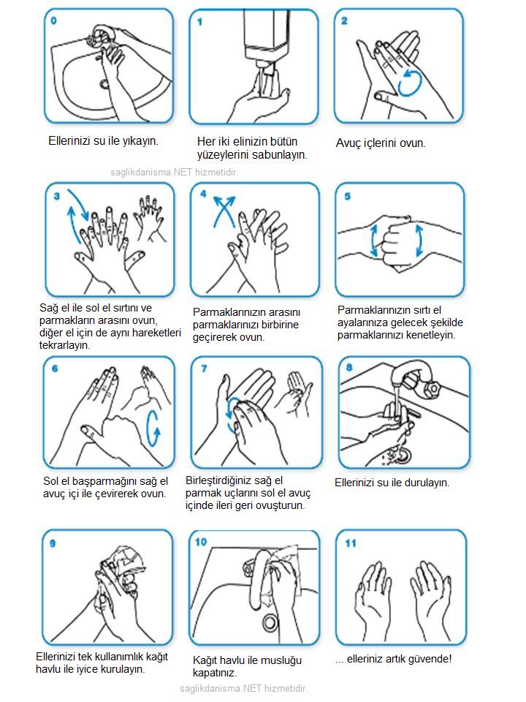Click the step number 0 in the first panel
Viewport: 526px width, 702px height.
click(53, 20)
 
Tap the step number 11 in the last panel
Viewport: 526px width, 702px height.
click(351, 543)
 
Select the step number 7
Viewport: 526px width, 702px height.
click(205, 369)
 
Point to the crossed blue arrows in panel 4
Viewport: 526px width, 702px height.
click(224, 211)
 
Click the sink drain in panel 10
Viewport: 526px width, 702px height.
click(270, 622)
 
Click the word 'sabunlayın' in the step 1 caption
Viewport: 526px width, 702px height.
click(278, 155)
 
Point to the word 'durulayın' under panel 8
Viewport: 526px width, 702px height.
click(427, 483)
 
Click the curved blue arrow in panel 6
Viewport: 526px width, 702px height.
click(153, 429)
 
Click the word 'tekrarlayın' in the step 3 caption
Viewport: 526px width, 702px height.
click(64, 345)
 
